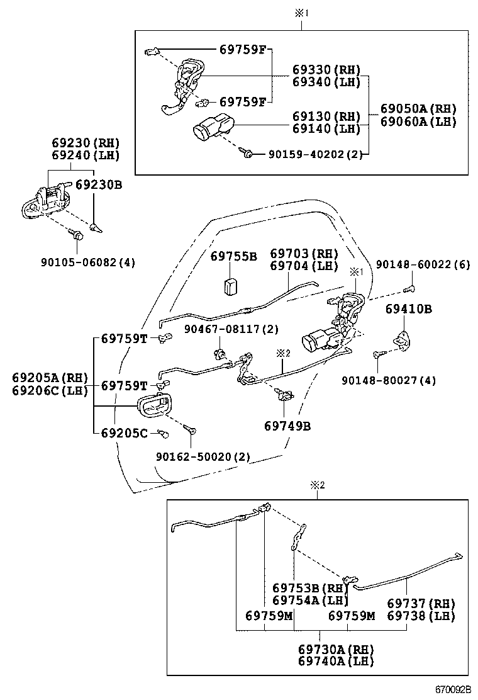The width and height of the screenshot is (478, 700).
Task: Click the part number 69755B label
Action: (233, 256)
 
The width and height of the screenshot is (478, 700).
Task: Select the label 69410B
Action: (409, 309)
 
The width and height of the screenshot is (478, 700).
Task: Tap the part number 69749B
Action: (287, 426)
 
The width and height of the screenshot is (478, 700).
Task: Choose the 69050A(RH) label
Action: (418, 108)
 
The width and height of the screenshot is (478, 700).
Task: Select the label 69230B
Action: (99, 185)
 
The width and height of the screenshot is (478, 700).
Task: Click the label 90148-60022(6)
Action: (423, 264)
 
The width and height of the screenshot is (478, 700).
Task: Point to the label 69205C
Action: (125, 432)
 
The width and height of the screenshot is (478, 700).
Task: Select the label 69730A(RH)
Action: (336, 649)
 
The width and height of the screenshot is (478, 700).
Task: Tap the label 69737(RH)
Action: (420, 602)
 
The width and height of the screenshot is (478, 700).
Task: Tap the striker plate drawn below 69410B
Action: (401, 340)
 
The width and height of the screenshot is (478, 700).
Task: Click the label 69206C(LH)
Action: (47, 390)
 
